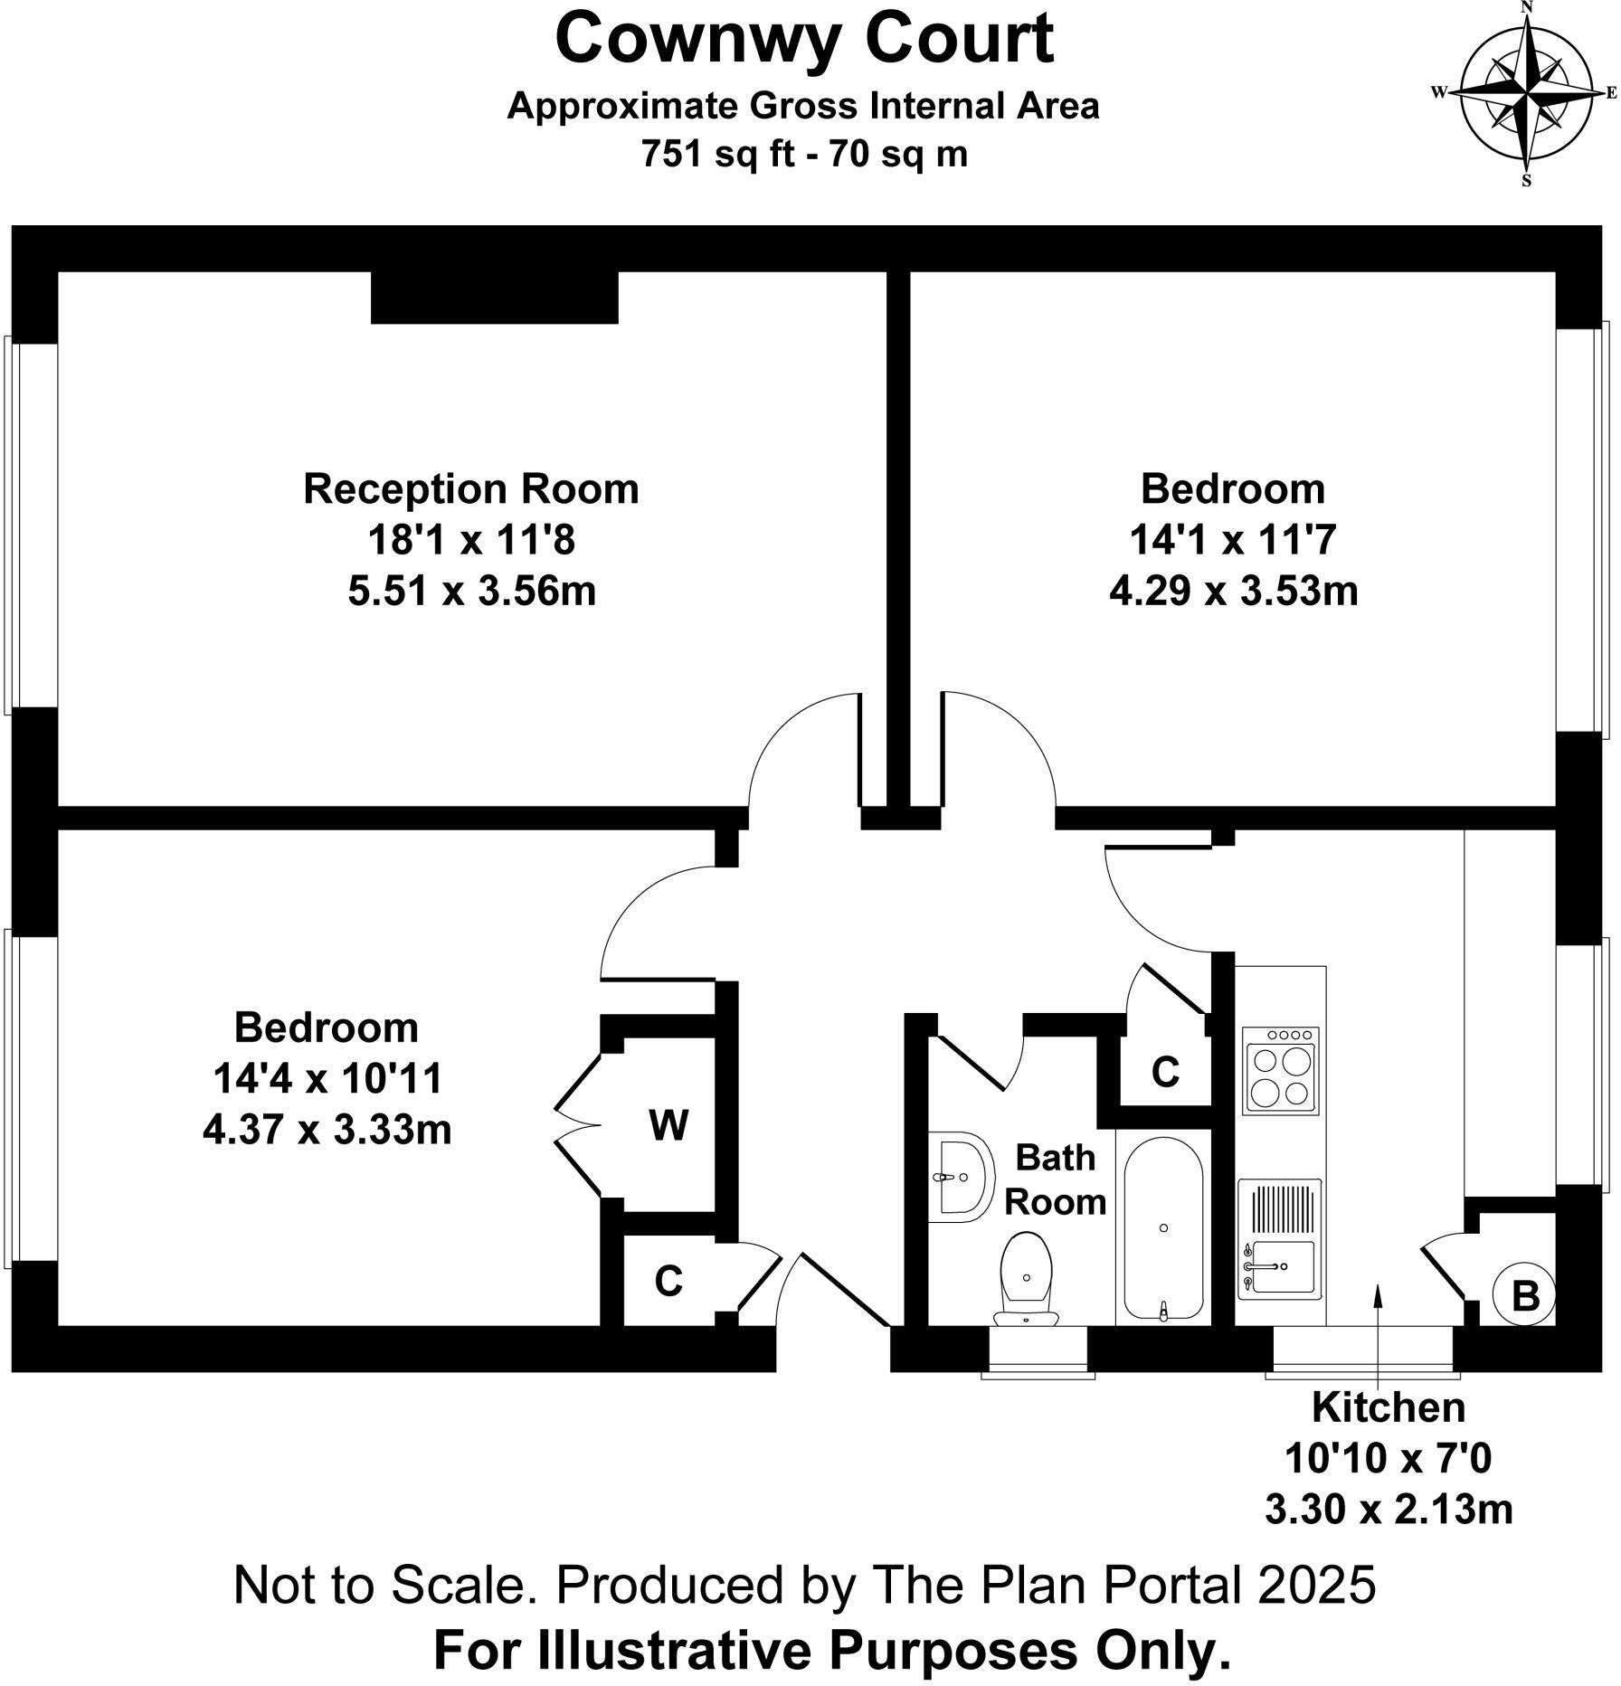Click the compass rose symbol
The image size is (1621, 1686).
(1527, 93)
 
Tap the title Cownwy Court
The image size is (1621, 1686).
(804, 39)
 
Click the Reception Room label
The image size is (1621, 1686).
(470, 489)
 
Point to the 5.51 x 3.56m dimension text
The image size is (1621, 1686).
(471, 592)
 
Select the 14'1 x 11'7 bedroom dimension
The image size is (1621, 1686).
(1232, 541)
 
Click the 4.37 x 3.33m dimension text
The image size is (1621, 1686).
(327, 1130)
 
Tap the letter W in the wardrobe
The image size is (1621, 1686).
(668, 1126)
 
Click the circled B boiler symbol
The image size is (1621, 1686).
(1526, 1296)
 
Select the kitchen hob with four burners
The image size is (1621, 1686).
(1280, 1070)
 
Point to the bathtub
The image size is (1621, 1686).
(1163, 1227)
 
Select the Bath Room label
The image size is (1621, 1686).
(1055, 1179)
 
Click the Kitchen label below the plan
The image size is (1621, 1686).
(1388, 1407)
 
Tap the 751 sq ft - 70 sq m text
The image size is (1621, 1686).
(804, 154)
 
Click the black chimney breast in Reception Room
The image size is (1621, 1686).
(494, 297)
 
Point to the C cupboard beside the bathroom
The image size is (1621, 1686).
(1165, 1072)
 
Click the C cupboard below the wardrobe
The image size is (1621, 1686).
(668, 1281)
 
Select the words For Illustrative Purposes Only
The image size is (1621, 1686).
(832, 1651)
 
